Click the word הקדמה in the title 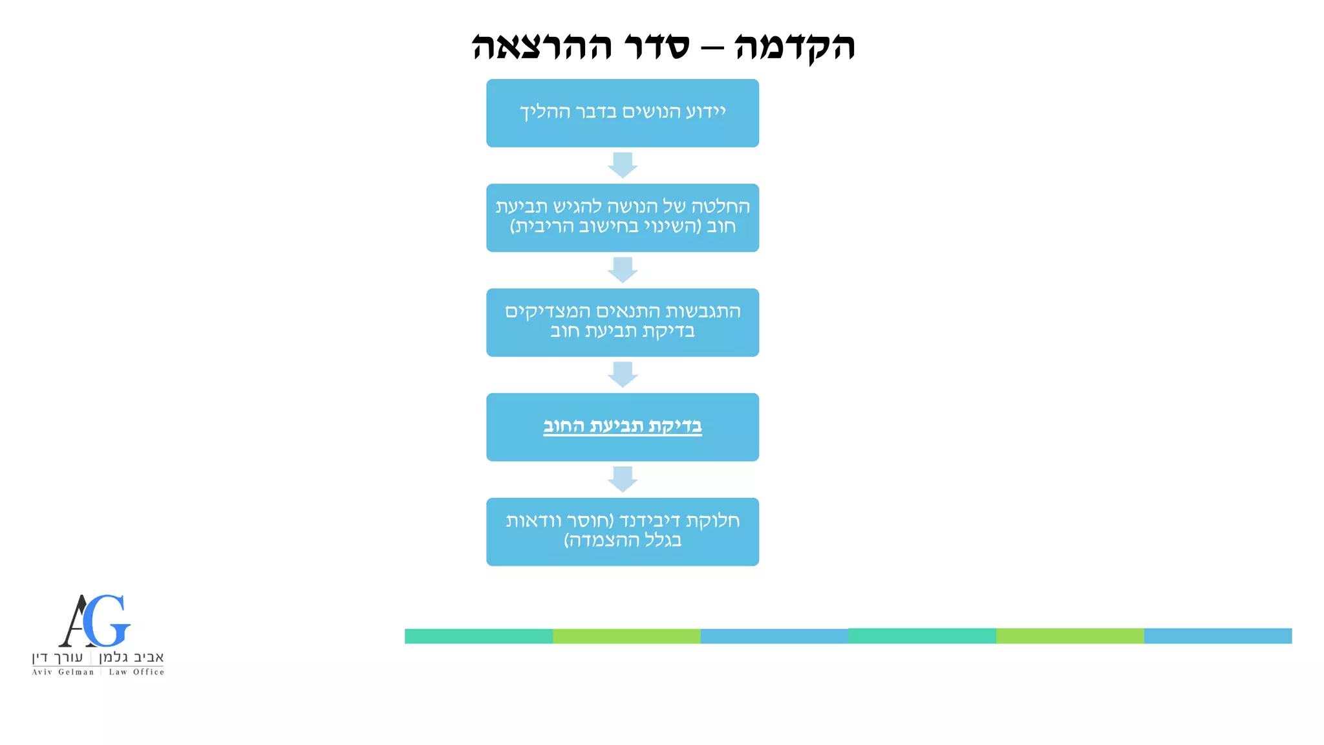(x=795, y=47)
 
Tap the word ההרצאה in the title (x=542, y=47)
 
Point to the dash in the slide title (x=712, y=48)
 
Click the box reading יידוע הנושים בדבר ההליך (x=623, y=113)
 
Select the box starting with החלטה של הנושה (x=623, y=218)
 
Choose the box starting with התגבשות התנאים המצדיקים (x=623, y=323)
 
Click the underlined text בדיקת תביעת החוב (x=623, y=426)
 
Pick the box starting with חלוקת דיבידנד (x=623, y=532)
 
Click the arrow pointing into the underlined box (x=623, y=374)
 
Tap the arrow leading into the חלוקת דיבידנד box (x=623, y=479)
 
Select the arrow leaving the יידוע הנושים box (x=623, y=165)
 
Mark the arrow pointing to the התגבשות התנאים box (x=623, y=270)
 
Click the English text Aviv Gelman (x=63, y=672)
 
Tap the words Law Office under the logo (x=136, y=672)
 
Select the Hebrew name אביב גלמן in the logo (x=131, y=658)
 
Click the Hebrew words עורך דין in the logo (x=58, y=658)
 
